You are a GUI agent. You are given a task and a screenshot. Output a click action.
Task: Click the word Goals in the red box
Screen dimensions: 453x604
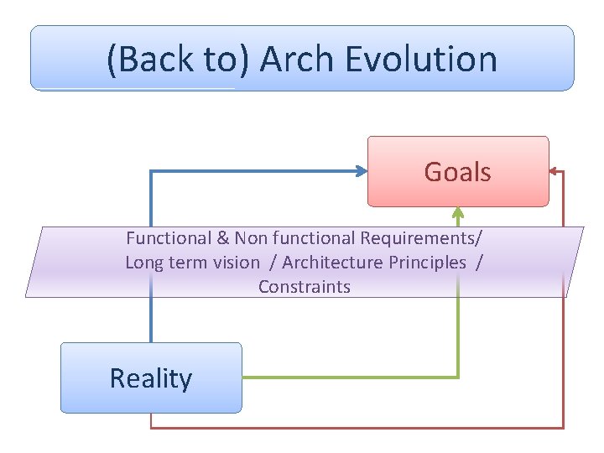point(457,172)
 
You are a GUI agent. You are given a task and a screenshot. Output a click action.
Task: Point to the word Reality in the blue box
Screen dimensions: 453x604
point(151,378)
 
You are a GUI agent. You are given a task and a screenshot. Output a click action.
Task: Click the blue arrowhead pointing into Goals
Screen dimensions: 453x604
point(362,171)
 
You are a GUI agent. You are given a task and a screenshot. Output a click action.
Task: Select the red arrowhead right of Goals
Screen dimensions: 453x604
point(555,172)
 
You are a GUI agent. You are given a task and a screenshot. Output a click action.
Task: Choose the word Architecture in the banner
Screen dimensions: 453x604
point(332,263)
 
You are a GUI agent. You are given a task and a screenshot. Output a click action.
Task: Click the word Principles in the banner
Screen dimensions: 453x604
point(427,263)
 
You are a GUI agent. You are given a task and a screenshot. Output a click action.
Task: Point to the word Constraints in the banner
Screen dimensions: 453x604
point(305,287)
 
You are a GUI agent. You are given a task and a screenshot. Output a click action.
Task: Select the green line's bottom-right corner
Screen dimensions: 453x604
point(458,377)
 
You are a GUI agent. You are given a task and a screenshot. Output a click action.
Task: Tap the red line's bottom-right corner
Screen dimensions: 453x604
point(564,428)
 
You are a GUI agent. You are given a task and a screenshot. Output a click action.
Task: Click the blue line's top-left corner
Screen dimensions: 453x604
point(151,171)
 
